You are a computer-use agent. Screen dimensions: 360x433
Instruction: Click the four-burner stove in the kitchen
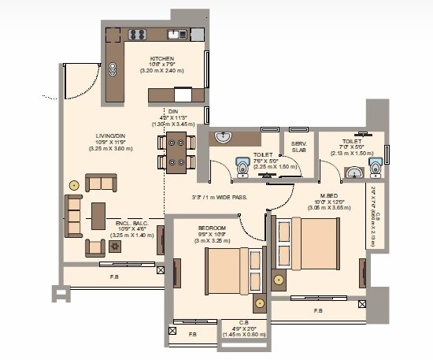click(138, 35)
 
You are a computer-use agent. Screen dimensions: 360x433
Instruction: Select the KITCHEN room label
click(162, 58)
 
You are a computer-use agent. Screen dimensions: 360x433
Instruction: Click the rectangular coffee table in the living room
click(98, 214)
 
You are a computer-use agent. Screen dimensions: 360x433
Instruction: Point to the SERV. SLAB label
click(299, 147)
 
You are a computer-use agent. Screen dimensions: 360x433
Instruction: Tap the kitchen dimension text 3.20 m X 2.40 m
click(162, 71)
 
